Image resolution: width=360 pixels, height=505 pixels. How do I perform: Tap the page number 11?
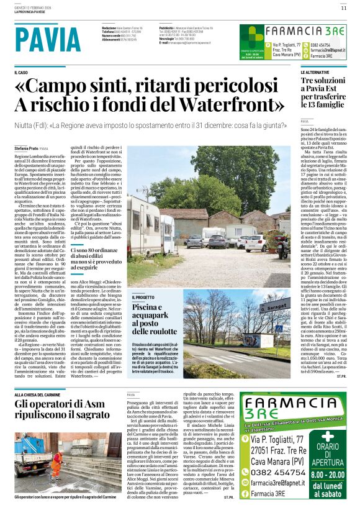pyautogui.click(x=343, y=7)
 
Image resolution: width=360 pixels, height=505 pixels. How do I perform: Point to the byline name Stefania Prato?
pyautogui.click(x=26, y=149)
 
